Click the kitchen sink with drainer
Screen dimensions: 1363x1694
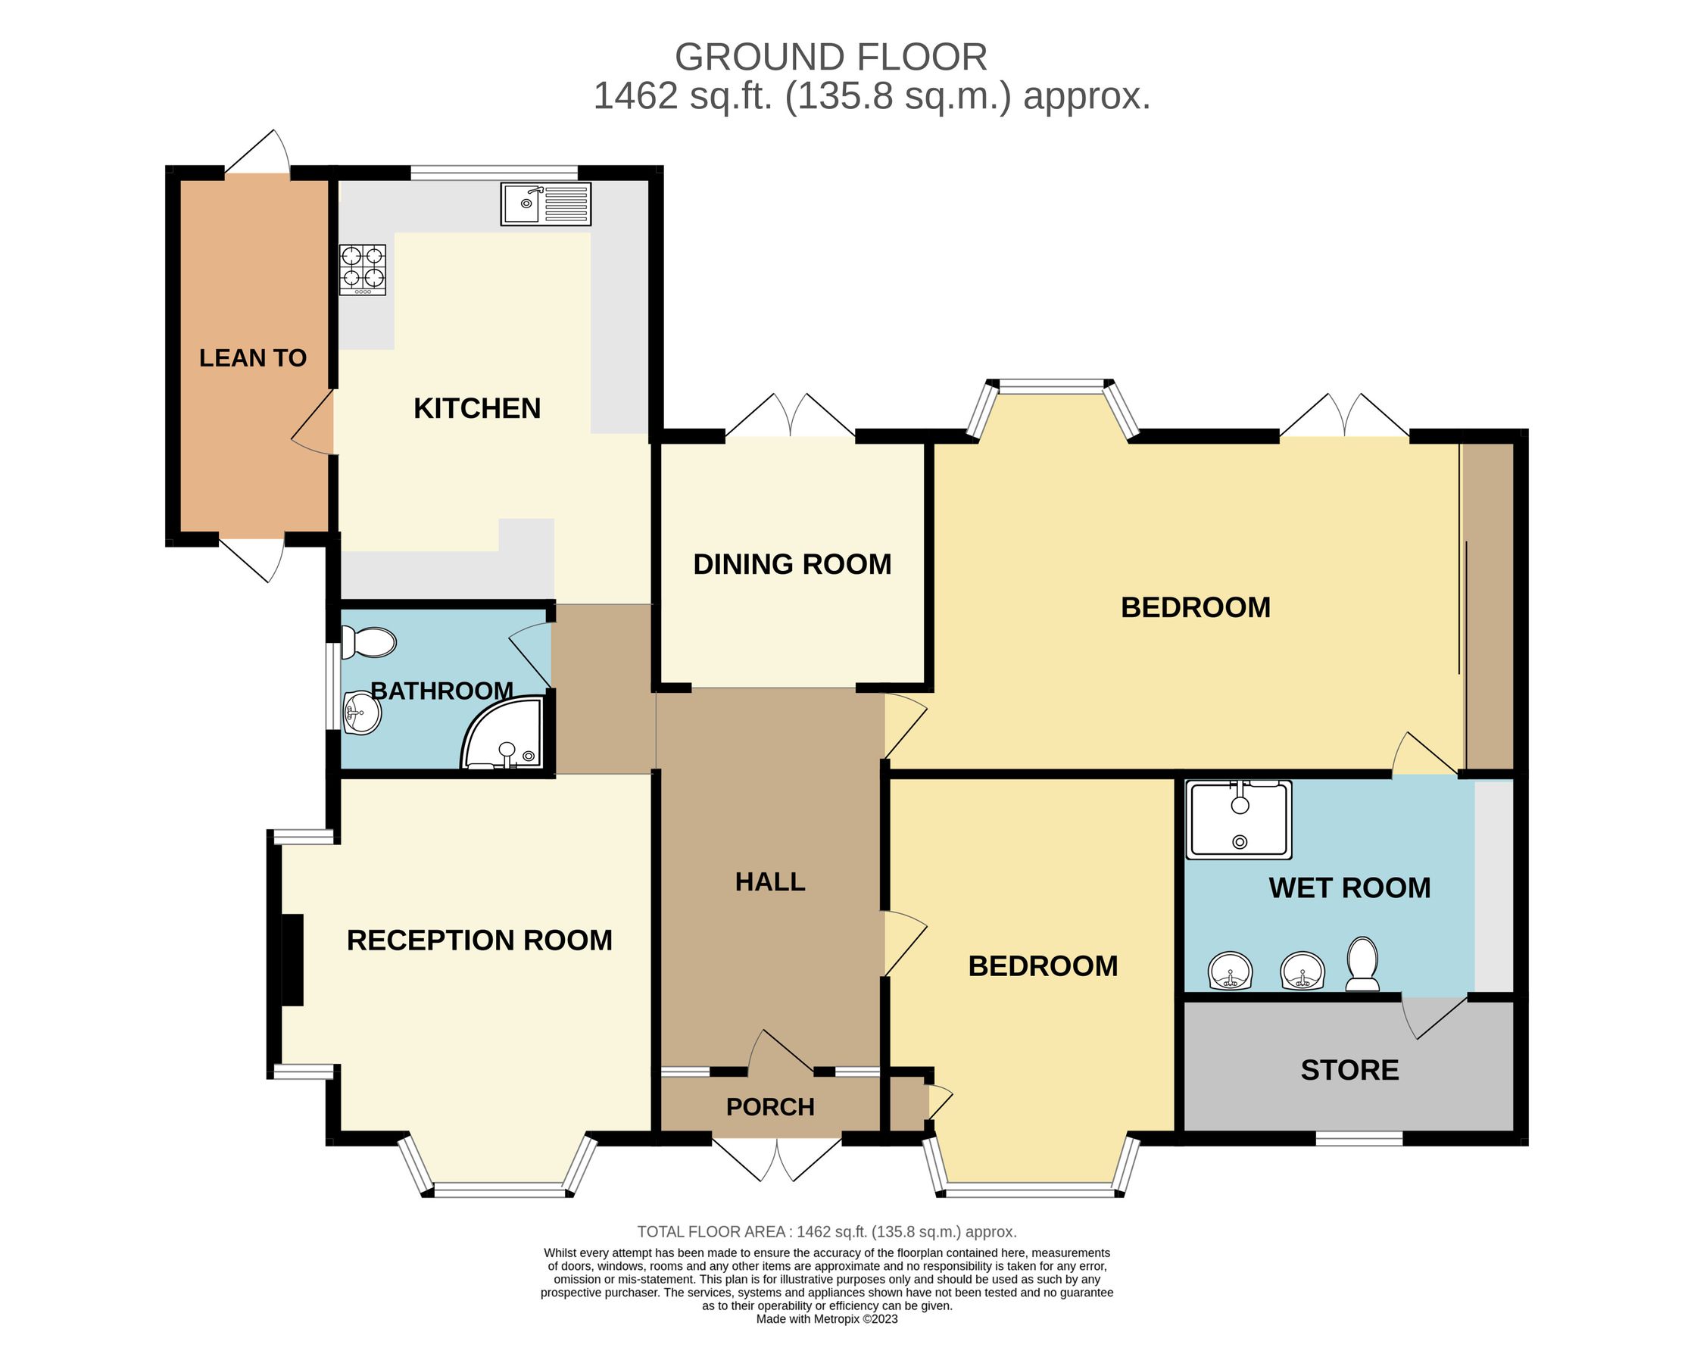pyautogui.click(x=545, y=204)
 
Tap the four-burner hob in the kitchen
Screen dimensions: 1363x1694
pyautogui.click(x=362, y=270)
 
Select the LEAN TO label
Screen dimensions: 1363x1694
pyautogui.click(x=252, y=358)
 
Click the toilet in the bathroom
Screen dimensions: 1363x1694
pyautogui.click(x=369, y=643)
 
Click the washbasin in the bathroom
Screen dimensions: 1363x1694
pyautogui.click(x=362, y=713)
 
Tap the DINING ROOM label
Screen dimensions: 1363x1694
pyautogui.click(x=792, y=564)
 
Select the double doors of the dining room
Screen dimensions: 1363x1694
pyautogui.click(x=790, y=416)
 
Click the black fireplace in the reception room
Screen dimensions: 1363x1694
pyautogui.click(x=292, y=959)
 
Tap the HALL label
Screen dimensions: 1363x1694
pyautogui.click(x=770, y=882)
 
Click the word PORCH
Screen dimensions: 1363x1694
pyautogui.click(x=770, y=1107)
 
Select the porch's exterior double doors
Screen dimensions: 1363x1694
pyautogui.click(x=776, y=1157)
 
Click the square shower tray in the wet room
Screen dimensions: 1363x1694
pyautogui.click(x=1239, y=819)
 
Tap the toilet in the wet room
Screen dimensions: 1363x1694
pyautogui.click(x=1362, y=964)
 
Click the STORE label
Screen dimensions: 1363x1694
pyautogui.click(x=1349, y=1070)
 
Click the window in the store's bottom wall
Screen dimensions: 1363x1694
pyautogui.click(x=1359, y=1138)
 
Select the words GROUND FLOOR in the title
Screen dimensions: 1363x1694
pyautogui.click(x=831, y=58)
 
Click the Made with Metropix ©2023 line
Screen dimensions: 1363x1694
pyautogui.click(x=827, y=1319)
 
